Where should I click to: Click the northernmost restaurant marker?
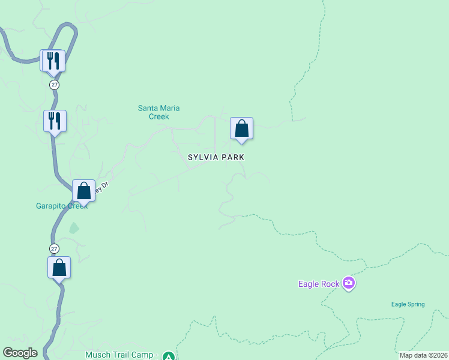pos(52,60)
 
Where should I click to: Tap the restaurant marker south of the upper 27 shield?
pos(55,121)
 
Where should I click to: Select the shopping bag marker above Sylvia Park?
pos(241,128)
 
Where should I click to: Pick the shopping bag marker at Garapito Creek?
pos(83,191)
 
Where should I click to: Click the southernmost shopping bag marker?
pos(59,267)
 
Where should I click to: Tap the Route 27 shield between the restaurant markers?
pos(55,85)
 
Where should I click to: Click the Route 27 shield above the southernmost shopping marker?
pos(55,248)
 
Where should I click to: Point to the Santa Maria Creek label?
pos(159,112)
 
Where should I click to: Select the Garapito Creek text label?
pos(61,206)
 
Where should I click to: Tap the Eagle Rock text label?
pos(318,284)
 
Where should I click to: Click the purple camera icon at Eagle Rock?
pos(349,283)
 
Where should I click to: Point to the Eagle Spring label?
pos(408,304)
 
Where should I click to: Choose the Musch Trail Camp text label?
pos(121,355)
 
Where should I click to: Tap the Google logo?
pos(20,353)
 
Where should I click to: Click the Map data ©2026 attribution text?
pos(423,355)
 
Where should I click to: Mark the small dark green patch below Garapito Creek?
pos(73,228)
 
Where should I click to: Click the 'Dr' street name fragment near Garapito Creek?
pos(104,187)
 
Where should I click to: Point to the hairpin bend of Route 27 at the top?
pos(71,28)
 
